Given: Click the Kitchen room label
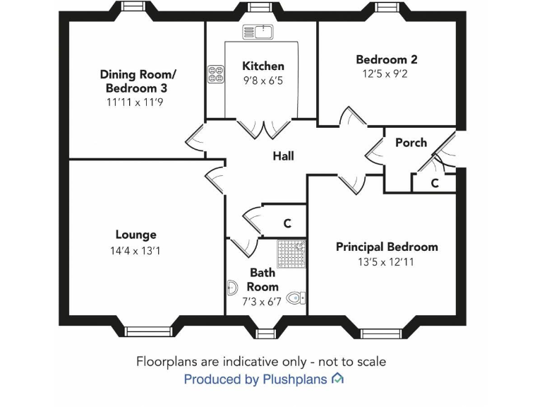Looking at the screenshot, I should point(263,66).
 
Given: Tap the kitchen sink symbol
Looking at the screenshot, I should point(258,30).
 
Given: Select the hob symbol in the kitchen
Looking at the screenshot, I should point(215,74).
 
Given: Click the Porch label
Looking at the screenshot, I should point(411,142).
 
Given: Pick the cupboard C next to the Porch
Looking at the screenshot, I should point(435,183).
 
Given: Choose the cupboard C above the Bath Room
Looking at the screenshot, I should point(287,223).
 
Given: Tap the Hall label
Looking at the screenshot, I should point(283,156).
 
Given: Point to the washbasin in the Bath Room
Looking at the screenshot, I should point(232,288).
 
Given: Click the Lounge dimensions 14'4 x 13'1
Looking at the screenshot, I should point(135,250).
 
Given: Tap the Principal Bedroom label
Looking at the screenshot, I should point(386,247).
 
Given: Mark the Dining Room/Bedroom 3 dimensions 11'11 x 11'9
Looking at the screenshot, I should point(138,102).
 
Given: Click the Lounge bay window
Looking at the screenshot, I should point(148,331).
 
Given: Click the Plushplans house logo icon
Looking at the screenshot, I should point(337,379).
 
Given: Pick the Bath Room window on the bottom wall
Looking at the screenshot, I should point(265,332).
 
